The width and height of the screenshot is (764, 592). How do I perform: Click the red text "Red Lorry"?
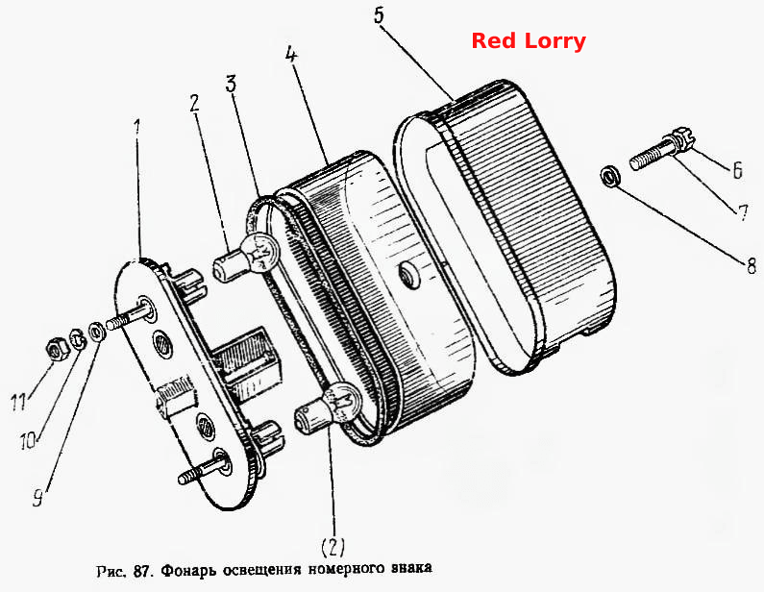[529, 41]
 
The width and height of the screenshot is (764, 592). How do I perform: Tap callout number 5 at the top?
[379, 15]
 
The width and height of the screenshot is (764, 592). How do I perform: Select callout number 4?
[291, 54]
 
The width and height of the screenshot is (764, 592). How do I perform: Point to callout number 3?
[231, 84]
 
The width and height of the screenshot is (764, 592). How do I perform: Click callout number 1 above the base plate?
[137, 127]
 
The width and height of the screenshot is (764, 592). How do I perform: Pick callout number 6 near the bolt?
[738, 170]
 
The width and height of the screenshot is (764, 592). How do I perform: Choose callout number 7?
[743, 213]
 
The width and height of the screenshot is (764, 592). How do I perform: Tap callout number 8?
[751, 266]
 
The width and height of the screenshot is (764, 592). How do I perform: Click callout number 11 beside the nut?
[18, 403]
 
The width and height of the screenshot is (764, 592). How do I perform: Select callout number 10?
[28, 441]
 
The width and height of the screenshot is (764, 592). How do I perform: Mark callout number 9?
[38, 498]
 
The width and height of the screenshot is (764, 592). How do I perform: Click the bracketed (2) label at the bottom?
[333, 547]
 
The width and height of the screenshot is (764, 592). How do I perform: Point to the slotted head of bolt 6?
[680, 138]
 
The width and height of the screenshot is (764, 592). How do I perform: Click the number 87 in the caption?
[141, 571]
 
